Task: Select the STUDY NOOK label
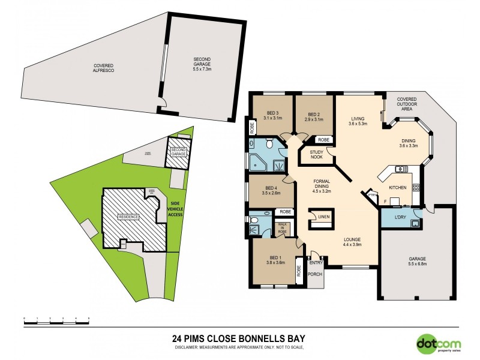(317, 155)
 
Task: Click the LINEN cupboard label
(324, 217)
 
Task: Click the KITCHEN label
(398, 188)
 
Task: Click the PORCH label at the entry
(315, 275)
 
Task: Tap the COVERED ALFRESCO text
(103, 68)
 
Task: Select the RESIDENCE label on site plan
(128, 217)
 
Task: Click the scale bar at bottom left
(56, 323)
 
